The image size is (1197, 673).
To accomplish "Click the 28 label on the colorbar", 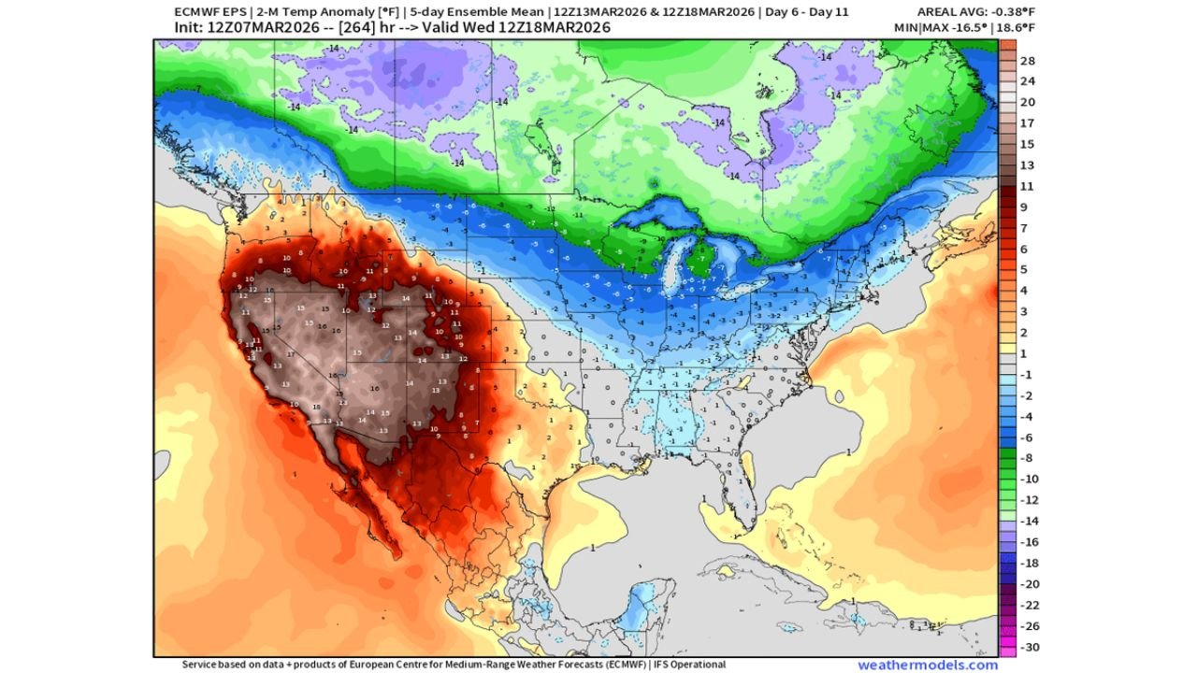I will [1027, 61].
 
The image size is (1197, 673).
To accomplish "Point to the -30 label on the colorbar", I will [1028, 648].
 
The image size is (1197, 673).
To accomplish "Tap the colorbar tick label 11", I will [1026, 187].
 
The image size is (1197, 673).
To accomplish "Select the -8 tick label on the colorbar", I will [1026, 458].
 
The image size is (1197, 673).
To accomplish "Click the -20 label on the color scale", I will [1028, 584].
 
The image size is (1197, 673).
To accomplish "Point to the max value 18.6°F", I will [1015, 28].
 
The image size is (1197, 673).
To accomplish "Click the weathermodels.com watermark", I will [928, 665].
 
